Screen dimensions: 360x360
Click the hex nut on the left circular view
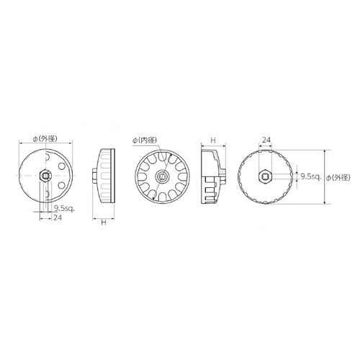(x=45, y=176)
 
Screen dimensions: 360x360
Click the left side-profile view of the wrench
(x=106, y=176)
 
